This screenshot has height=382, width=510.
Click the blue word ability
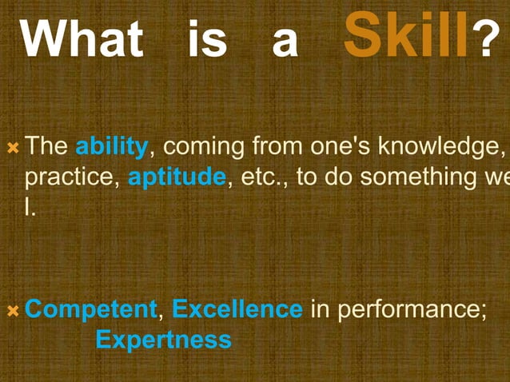(x=111, y=148)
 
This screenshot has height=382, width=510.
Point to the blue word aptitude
(x=177, y=177)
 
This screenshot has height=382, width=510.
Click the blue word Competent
(x=91, y=309)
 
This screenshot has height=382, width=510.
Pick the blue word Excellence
(x=237, y=309)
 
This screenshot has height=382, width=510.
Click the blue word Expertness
(x=163, y=340)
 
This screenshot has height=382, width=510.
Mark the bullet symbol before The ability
(x=13, y=148)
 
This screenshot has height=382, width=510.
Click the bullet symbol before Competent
(x=13, y=309)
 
